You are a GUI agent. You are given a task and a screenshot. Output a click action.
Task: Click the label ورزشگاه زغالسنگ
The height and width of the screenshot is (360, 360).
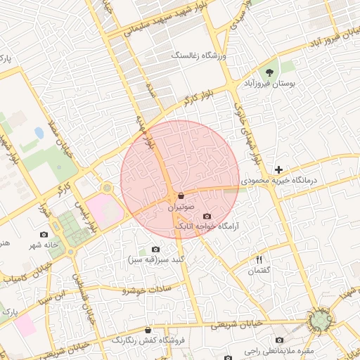click(198, 54)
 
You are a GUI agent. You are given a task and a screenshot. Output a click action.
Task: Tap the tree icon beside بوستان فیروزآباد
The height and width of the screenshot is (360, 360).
click(269, 72)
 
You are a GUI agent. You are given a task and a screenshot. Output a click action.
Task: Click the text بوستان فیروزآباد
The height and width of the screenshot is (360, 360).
click(266, 84)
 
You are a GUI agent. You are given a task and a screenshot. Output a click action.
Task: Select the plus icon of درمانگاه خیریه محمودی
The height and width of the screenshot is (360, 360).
click(279, 169)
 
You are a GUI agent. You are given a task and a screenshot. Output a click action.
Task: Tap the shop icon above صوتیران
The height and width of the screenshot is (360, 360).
click(181, 195)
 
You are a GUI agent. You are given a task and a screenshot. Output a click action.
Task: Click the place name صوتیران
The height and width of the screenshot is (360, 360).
click(181, 208)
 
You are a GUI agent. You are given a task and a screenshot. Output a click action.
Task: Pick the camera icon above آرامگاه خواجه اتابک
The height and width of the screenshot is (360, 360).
click(207, 216)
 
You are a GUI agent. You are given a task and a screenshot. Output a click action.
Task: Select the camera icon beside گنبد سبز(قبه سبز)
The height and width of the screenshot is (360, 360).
click(155, 249)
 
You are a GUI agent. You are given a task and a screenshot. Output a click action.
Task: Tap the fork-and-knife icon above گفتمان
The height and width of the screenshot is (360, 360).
click(259, 259)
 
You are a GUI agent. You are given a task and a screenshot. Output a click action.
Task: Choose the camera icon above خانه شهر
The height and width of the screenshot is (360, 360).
click(44, 234)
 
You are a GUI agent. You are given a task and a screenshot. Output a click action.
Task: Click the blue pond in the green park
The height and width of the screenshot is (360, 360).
click(39, 132)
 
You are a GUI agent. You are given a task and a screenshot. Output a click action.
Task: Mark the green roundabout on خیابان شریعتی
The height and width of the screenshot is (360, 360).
click(321, 321)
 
